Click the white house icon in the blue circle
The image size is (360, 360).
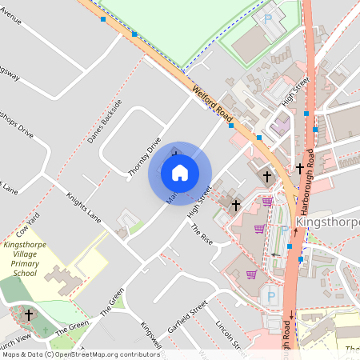pos(180,172)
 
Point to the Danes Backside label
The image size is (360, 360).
pos(105,122)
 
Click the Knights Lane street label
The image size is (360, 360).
pos(83,206)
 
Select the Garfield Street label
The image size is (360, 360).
pos(188,318)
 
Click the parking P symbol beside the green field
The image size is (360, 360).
pos(269,17)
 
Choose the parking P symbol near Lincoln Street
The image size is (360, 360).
pos(270,297)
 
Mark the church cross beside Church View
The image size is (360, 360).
pos(29,314)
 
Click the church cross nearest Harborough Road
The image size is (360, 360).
pos(300,169)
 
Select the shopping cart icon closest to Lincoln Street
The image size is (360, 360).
pos(251,274)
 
